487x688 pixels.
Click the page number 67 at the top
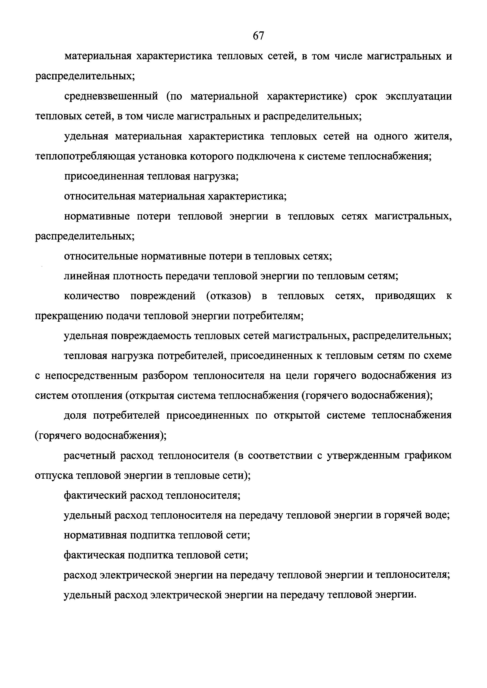coord(258,36)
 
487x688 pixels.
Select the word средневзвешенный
coord(111,97)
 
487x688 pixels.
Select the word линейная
coord(86,276)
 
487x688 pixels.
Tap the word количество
coord(91,296)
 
